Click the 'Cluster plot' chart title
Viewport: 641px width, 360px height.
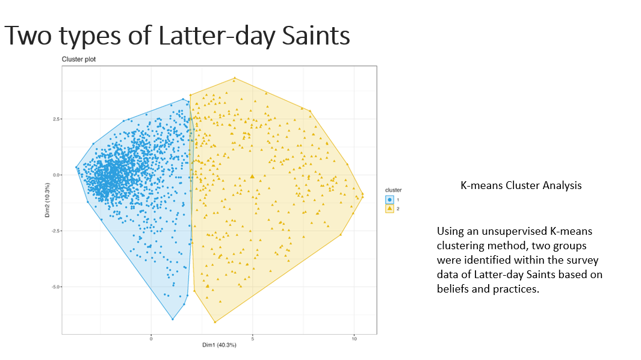pos(78,60)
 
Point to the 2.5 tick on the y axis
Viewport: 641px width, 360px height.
pos(55,119)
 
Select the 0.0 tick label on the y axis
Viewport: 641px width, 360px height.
pos(55,175)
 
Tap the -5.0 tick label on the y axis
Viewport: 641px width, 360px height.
pos(55,287)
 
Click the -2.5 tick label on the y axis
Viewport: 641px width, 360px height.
pos(55,231)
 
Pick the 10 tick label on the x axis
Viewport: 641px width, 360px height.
pos(354,339)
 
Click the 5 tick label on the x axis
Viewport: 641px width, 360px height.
pos(253,339)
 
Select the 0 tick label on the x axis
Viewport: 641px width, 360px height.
pos(151,339)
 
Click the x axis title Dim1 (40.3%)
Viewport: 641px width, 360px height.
pos(219,345)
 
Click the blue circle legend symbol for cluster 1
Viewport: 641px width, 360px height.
pos(389,199)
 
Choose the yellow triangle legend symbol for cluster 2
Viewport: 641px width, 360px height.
pos(389,208)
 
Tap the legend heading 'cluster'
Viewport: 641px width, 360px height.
pos(393,190)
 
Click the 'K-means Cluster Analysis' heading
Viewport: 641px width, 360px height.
pos(521,185)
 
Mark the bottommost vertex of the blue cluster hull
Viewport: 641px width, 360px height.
pos(173,319)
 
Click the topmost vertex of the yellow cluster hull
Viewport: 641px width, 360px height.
pos(234,78)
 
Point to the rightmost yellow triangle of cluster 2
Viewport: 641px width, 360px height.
pos(362,194)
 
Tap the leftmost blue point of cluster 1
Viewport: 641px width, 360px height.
pos(76,167)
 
